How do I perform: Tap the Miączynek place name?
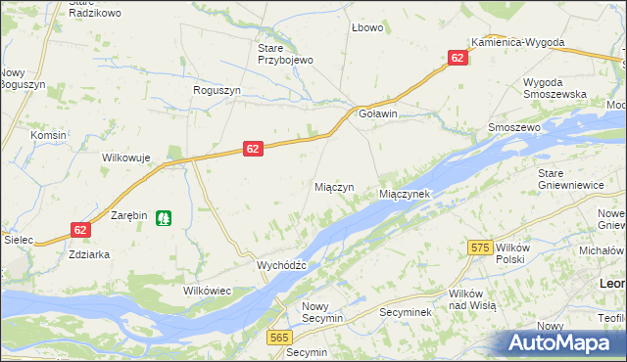point(405,195)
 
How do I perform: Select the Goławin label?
point(378,114)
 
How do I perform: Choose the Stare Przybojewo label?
point(284,54)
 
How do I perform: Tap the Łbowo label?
point(367,27)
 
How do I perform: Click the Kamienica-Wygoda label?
point(517,43)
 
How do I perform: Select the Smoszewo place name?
point(514,128)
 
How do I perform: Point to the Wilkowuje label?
point(125,157)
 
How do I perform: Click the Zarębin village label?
point(128,214)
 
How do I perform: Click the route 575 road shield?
point(479,249)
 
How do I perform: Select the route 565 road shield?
point(279,337)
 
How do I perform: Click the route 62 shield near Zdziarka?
point(80,230)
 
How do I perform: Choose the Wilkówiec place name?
point(204,291)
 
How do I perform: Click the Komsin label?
point(48,135)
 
